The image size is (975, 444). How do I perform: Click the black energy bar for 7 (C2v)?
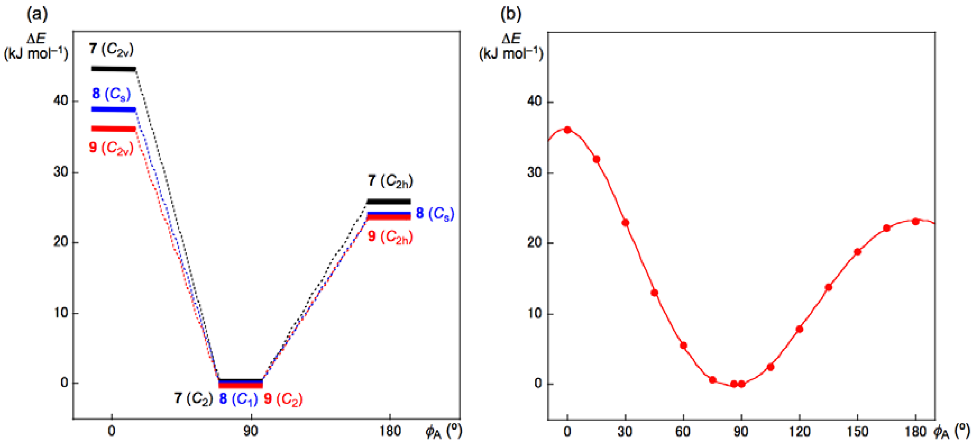(113, 69)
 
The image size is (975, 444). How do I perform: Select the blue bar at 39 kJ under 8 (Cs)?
(113, 110)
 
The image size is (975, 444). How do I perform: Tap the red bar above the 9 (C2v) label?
(113, 129)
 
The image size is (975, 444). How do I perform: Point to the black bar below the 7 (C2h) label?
(389, 201)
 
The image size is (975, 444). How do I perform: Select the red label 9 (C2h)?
(390, 237)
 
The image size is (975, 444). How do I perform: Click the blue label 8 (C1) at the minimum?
(238, 399)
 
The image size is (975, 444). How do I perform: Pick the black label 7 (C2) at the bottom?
(193, 399)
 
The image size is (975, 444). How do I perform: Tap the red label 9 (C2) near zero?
(283, 399)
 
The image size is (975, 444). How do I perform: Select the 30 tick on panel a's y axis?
(61, 172)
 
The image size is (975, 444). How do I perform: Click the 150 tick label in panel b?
(857, 432)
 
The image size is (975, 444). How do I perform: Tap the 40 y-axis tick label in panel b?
(534, 101)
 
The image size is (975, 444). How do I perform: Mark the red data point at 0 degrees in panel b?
(567, 130)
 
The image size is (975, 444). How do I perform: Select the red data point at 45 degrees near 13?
(654, 293)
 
